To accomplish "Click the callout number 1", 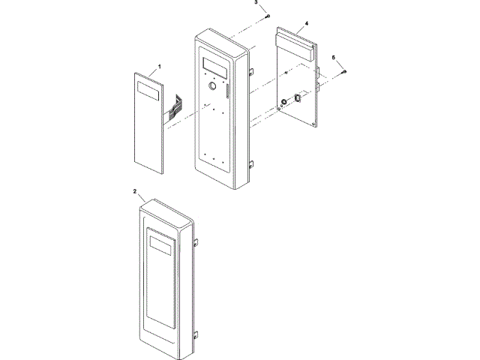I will click(159, 67).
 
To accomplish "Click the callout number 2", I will click(135, 192).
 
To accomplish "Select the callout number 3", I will click(255, 4).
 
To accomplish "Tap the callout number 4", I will click(307, 23).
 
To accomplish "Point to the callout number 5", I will click(334, 58).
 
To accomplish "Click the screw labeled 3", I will click(268, 16).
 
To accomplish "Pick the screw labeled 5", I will click(343, 70).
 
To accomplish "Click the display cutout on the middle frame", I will click(215, 67).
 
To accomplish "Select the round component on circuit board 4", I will click(285, 101).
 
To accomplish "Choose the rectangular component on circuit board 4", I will click(298, 97).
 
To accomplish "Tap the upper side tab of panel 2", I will click(196, 242).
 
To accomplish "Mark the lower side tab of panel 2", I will click(196, 335).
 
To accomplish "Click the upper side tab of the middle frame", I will click(253, 71).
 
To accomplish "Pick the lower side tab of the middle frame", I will click(253, 163).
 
